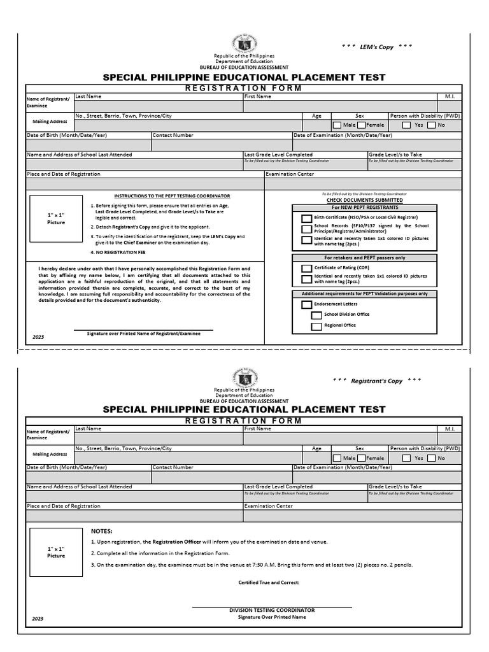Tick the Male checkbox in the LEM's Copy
(x=337, y=125)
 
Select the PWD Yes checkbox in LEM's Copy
(x=406, y=125)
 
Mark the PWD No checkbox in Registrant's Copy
(x=431, y=458)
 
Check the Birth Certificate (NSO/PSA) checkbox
(x=307, y=218)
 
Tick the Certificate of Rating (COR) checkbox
(x=307, y=269)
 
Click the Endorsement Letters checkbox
(x=307, y=305)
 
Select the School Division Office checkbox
(x=316, y=315)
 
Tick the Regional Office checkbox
(x=316, y=327)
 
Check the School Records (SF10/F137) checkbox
(x=307, y=229)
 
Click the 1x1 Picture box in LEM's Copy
(x=56, y=219)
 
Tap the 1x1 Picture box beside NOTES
(x=56, y=552)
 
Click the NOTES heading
(x=102, y=531)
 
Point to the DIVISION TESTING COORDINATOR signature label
(x=272, y=610)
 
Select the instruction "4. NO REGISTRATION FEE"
(x=117, y=252)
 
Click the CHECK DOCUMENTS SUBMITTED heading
(x=364, y=200)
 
